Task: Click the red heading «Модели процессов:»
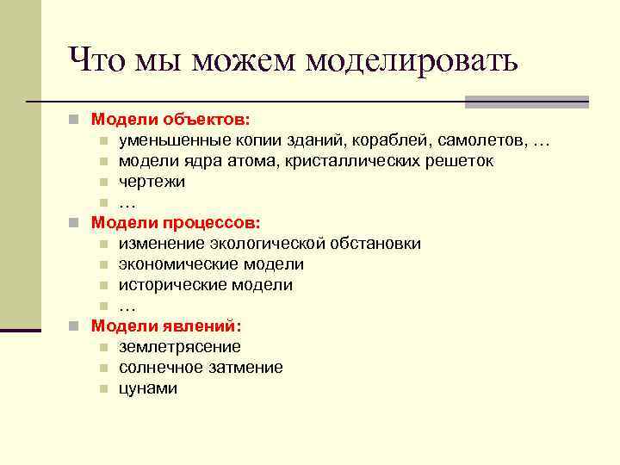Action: [176, 223]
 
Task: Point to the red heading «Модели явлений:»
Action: [166, 325]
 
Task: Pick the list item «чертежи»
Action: [152, 182]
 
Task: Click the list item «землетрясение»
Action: [180, 347]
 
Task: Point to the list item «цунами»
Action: [148, 388]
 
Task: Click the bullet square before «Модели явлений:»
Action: [76, 326]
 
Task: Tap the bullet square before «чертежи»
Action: [102, 183]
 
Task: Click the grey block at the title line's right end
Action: [526, 102]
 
